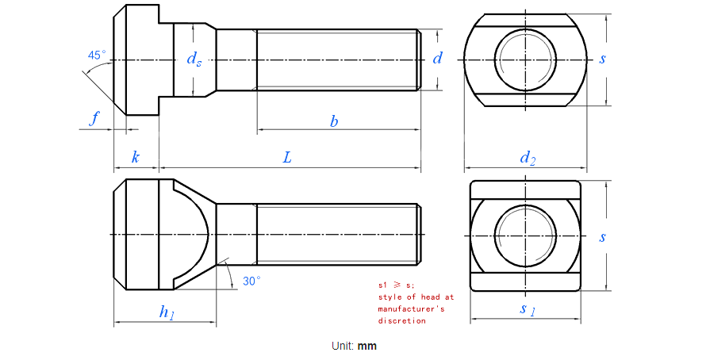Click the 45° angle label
(x=96, y=56)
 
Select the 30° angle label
(x=251, y=281)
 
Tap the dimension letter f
(x=95, y=119)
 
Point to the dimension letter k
(x=135, y=157)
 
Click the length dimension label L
(x=287, y=157)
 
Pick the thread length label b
(x=334, y=121)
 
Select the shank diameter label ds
(x=194, y=59)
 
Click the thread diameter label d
(x=437, y=58)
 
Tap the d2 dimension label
(x=527, y=158)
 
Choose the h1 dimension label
(x=167, y=312)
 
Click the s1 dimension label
(x=527, y=309)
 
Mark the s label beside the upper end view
(x=603, y=59)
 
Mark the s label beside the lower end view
(x=603, y=236)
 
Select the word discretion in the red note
(x=401, y=320)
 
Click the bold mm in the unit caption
(x=367, y=346)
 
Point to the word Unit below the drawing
(x=342, y=346)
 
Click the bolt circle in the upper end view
(x=526, y=59)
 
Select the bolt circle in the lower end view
(x=526, y=236)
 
